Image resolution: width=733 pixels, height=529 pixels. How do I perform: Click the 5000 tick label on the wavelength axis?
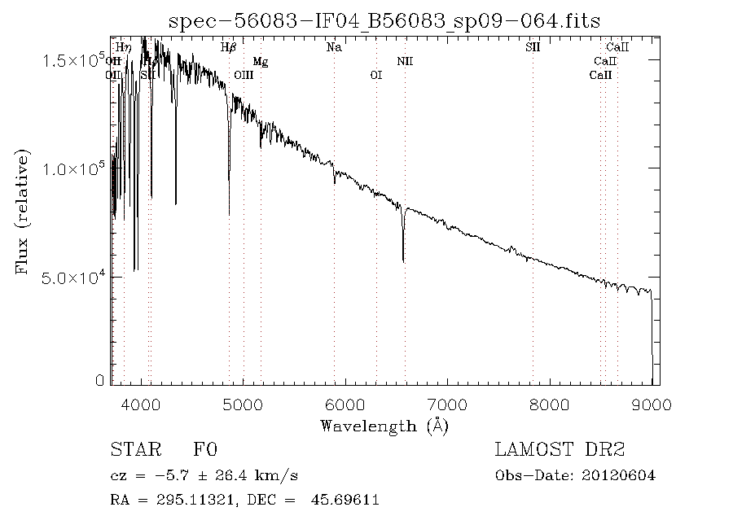coord(244,405)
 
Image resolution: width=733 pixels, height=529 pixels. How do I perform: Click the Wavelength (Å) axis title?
coord(384,426)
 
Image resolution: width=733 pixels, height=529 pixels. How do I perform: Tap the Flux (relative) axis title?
coord(22,211)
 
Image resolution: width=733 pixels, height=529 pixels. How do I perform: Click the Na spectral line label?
coord(334,47)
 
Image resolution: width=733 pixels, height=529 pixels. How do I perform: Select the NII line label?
coord(405,61)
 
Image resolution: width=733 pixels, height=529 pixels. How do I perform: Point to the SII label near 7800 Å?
coord(533,47)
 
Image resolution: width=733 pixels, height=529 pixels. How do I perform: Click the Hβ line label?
coord(229,47)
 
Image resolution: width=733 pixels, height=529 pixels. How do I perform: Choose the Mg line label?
coord(260,61)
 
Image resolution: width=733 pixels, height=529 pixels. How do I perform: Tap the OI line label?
coord(375,75)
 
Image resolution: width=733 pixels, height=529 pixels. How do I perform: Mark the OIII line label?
coord(244,75)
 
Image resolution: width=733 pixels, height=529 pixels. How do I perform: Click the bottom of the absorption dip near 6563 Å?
coord(403,260)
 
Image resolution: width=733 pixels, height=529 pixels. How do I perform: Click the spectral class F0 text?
coord(205,450)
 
